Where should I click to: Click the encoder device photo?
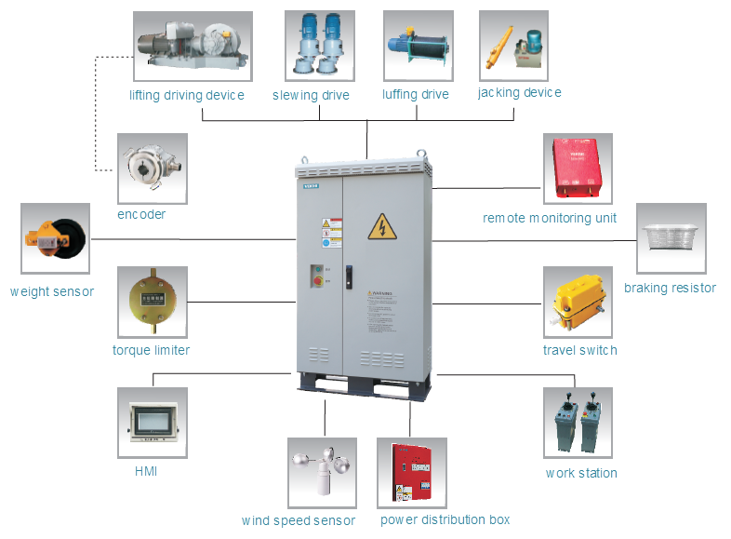tap(152, 168)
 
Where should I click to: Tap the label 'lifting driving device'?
tap(187, 95)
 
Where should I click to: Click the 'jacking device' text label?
tap(519, 93)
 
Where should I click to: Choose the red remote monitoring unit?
tap(578, 168)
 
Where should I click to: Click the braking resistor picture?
tap(671, 237)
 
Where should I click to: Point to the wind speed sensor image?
tap(322, 473)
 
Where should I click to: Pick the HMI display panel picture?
tap(152, 422)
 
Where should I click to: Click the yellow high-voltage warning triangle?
tap(380, 226)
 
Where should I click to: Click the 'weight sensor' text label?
tap(52, 291)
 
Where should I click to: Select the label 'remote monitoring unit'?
tap(550, 218)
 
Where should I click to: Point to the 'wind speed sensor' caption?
tap(298, 520)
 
